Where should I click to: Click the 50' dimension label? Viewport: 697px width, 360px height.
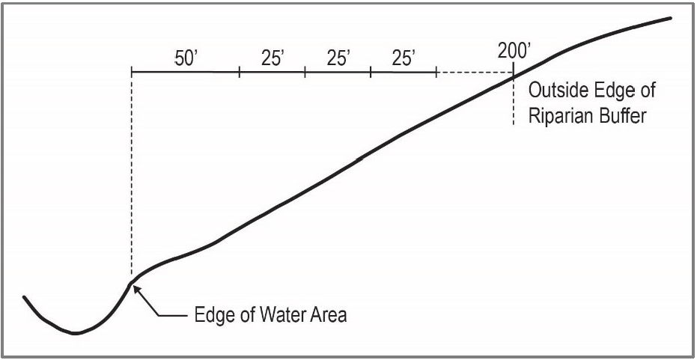point(185,59)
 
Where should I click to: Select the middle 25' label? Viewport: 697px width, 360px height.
point(338,59)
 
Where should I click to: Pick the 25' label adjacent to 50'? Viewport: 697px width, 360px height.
point(273,59)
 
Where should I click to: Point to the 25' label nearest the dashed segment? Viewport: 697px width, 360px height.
point(404,59)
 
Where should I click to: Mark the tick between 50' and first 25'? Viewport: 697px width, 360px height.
point(239,73)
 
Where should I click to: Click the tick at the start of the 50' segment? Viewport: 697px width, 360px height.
point(131,73)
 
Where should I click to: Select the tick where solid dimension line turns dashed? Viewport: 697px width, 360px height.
point(436,73)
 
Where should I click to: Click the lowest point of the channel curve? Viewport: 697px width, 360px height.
point(75,333)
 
